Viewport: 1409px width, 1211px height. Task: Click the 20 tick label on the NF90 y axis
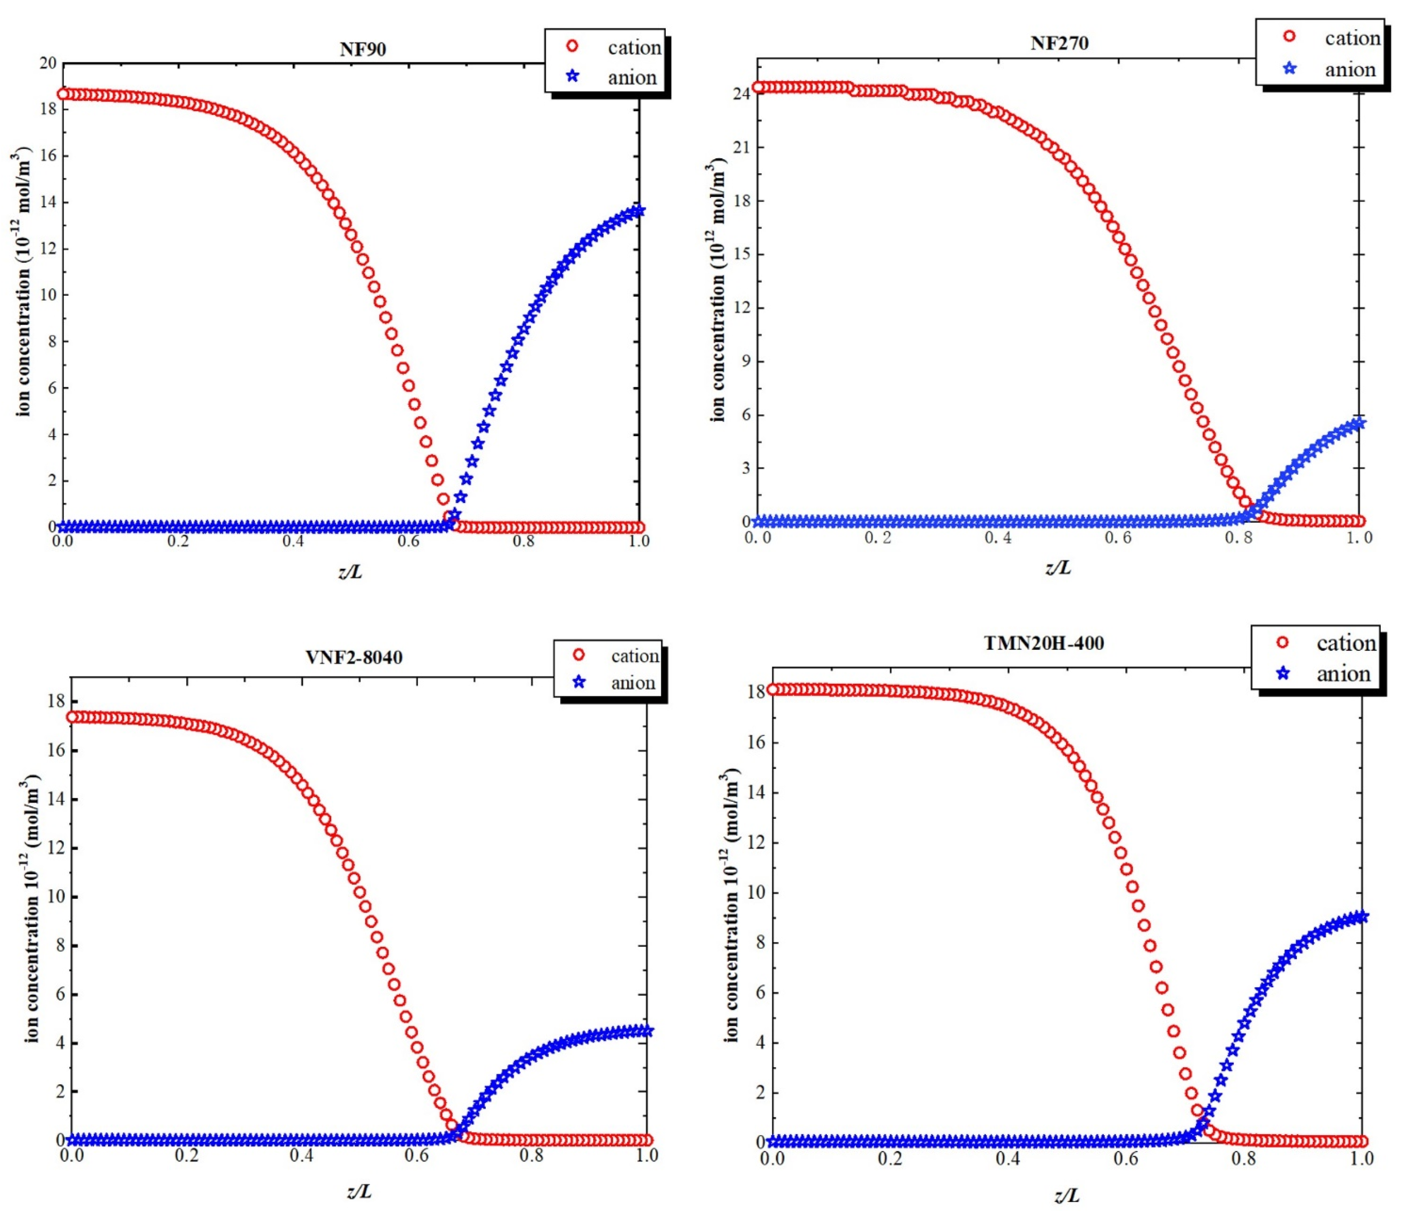click(48, 63)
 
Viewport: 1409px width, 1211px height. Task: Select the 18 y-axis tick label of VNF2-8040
click(56, 701)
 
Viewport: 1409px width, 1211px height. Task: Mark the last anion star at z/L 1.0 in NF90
click(638, 211)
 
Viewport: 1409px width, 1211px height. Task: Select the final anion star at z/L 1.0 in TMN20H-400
click(1361, 917)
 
